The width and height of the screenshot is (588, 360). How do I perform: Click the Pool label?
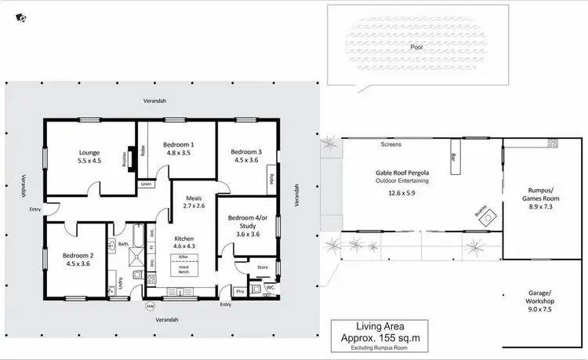pyautogui.click(x=416, y=48)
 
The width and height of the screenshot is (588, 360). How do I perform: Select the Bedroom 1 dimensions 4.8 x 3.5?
pyautogui.click(x=178, y=154)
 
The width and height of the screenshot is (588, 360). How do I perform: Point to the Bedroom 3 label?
pyautogui.click(x=242, y=151)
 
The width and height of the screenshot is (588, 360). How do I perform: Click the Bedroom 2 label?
pyautogui.click(x=78, y=255)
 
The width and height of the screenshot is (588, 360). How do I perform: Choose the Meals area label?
pyautogui.click(x=194, y=198)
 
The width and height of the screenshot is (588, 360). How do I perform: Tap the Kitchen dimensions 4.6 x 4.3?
pyautogui.click(x=184, y=247)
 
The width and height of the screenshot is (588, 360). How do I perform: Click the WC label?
pyautogui.click(x=270, y=288)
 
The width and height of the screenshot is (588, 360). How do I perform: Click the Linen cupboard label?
pyautogui.click(x=146, y=184)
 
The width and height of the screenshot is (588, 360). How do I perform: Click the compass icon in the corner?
pyautogui.click(x=20, y=16)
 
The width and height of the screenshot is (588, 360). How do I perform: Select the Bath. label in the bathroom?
pyautogui.click(x=123, y=244)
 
